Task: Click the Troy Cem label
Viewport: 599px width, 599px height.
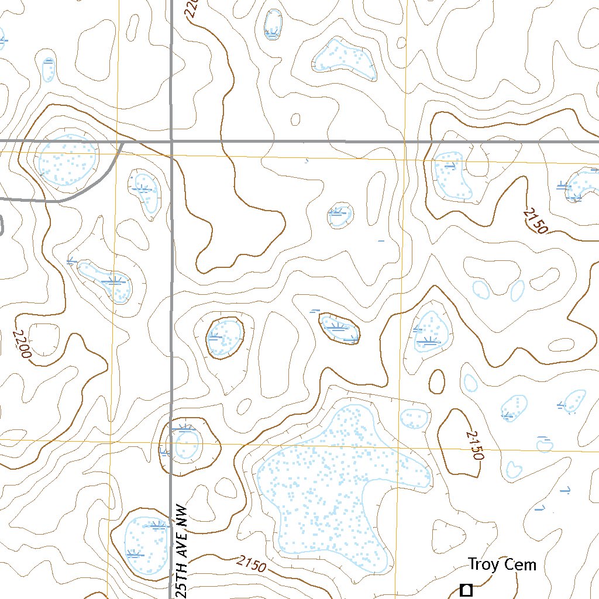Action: pos(501,564)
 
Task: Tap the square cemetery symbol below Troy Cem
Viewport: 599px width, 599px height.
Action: pos(466,590)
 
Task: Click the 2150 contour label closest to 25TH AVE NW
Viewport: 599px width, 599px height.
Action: pos(252,564)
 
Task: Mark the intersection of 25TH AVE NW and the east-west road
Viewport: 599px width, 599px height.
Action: pos(171,142)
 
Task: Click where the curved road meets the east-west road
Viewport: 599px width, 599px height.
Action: pos(122,142)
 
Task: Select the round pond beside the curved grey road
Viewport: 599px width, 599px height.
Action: pos(68,160)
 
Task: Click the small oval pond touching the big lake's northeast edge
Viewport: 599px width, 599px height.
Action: pos(414,418)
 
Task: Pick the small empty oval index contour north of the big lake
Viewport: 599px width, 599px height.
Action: pos(436,381)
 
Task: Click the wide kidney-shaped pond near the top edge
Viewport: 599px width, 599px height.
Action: pos(344,60)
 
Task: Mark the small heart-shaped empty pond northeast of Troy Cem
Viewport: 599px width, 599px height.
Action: pos(513,469)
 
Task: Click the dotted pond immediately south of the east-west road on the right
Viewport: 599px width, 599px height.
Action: pos(453,175)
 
